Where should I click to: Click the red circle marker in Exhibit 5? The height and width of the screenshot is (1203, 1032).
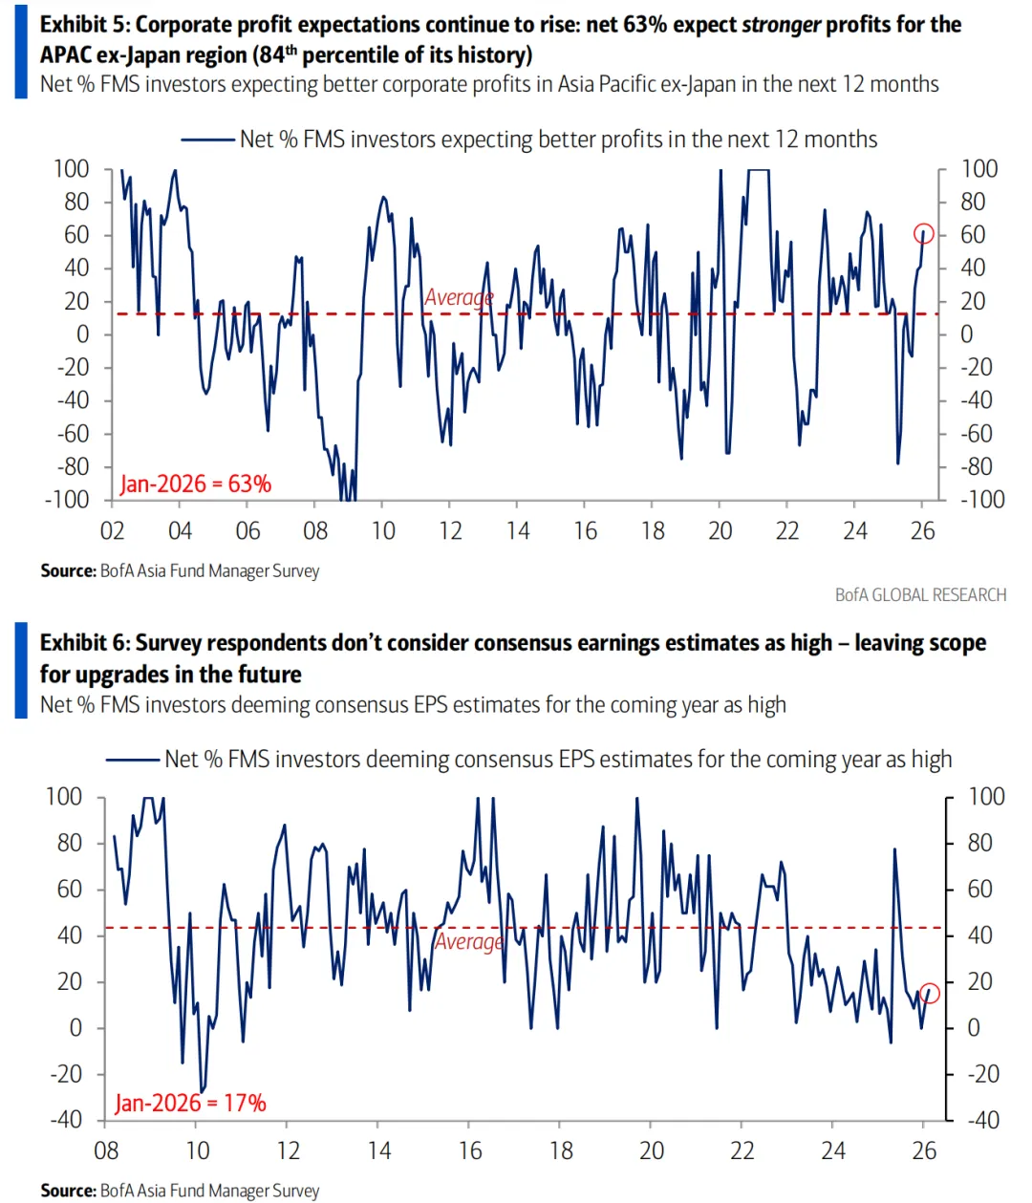click(x=923, y=233)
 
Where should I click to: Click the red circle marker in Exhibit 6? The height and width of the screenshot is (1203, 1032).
click(x=930, y=994)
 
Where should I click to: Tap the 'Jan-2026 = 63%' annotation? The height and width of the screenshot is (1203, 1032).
click(x=195, y=483)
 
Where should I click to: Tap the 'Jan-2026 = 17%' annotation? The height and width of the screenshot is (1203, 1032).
click(x=190, y=1103)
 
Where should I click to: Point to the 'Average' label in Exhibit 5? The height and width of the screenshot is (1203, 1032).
click(x=459, y=297)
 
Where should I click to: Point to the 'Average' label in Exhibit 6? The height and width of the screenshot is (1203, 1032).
click(x=468, y=941)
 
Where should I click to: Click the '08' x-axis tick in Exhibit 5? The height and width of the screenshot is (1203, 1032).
click(x=315, y=531)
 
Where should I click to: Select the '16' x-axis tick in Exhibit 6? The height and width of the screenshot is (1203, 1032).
click(x=470, y=1150)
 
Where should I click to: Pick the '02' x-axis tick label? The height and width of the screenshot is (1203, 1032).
click(x=112, y=531)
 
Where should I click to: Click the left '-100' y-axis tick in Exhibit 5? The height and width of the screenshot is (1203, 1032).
click(x=67, y=500)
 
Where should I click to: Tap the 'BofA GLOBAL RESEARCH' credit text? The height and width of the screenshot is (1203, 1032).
click(x=920, y=594)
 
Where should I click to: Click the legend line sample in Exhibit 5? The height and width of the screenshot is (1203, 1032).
click(x=207, y=140)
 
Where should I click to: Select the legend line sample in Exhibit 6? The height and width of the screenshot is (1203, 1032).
click(x=132, y=760)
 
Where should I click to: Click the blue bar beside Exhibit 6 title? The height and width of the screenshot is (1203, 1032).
click(x=21, y=670)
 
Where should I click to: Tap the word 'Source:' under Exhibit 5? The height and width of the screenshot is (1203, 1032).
click(x=68, y=570)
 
